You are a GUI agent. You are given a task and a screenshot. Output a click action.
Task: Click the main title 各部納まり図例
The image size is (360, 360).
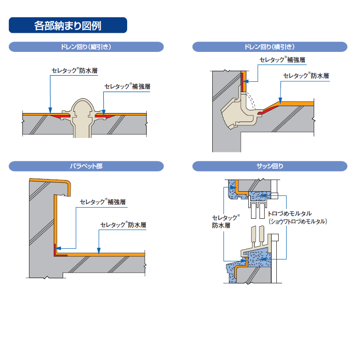point(68,25)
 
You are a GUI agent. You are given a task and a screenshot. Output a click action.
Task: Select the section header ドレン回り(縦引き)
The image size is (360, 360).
point(86,47)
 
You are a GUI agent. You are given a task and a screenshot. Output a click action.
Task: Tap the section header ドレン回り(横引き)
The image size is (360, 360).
point(269,47)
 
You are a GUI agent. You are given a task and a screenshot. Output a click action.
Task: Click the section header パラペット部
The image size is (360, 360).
point(86,166)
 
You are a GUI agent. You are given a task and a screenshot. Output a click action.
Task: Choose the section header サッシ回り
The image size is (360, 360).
point(269,166)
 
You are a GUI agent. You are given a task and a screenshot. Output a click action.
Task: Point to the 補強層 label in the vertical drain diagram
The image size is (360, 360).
point(127,86)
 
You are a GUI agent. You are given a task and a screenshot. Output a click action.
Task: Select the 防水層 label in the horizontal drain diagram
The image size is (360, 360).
point(306,76)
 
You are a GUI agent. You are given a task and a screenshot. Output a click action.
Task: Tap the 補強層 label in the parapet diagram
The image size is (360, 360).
point(103,202)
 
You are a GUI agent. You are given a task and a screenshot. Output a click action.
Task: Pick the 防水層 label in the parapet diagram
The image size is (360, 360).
point(123,225)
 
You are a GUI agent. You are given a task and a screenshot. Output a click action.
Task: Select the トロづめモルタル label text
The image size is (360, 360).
point(292,213)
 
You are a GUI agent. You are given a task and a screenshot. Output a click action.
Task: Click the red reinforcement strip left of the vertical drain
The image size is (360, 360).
point(60,115)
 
